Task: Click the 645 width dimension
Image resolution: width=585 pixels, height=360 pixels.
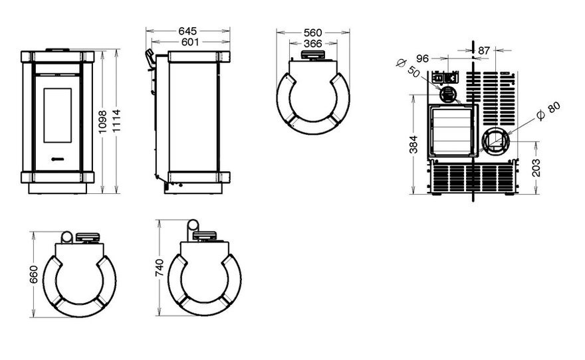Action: coord(187,31)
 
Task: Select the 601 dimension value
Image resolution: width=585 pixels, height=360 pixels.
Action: coord(190,42)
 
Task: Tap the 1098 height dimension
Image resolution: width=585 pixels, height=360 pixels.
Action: coord(102,122)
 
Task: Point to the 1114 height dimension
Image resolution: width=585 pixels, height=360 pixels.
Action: coord(116,120)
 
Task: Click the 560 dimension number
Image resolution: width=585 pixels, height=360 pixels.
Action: coord(312,33)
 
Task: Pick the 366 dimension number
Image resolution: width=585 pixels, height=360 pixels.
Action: coord(312,44)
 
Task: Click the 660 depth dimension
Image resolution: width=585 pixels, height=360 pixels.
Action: coord(34,274)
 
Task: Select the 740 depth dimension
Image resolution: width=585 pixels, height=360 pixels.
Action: coord(160,268)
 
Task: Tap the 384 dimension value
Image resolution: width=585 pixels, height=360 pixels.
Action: coord(413,145)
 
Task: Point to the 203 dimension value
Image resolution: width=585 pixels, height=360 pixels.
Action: coord(536,167)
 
